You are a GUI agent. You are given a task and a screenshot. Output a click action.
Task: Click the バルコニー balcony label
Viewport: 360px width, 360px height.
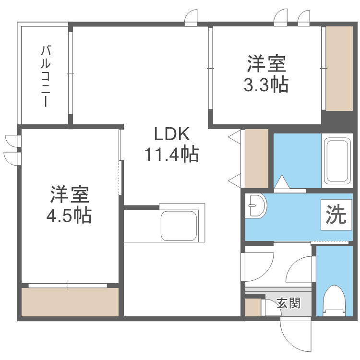click(46, 76)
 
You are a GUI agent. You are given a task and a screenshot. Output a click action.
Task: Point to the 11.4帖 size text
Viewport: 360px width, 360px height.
click(172, 155)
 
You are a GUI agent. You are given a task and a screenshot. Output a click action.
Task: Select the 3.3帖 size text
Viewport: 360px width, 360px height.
click(266, 84)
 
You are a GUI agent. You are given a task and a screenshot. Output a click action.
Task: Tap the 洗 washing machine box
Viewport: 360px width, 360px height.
click(336, 215)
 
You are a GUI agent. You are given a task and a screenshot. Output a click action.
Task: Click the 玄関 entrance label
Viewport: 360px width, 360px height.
click(288, 303)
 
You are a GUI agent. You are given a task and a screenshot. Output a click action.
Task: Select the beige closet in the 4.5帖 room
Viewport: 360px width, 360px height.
click(70, 302)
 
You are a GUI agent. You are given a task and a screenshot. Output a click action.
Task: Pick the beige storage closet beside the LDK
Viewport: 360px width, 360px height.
click(256, 158)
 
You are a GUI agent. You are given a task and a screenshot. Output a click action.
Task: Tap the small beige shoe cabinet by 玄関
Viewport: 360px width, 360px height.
click(252, 308)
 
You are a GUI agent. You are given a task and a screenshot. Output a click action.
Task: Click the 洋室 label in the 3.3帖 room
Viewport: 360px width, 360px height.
click(266, 63)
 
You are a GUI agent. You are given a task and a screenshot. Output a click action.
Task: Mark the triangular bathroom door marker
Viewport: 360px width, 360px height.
click(282, 182)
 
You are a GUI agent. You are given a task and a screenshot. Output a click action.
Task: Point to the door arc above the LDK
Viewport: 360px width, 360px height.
click(192, 17)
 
